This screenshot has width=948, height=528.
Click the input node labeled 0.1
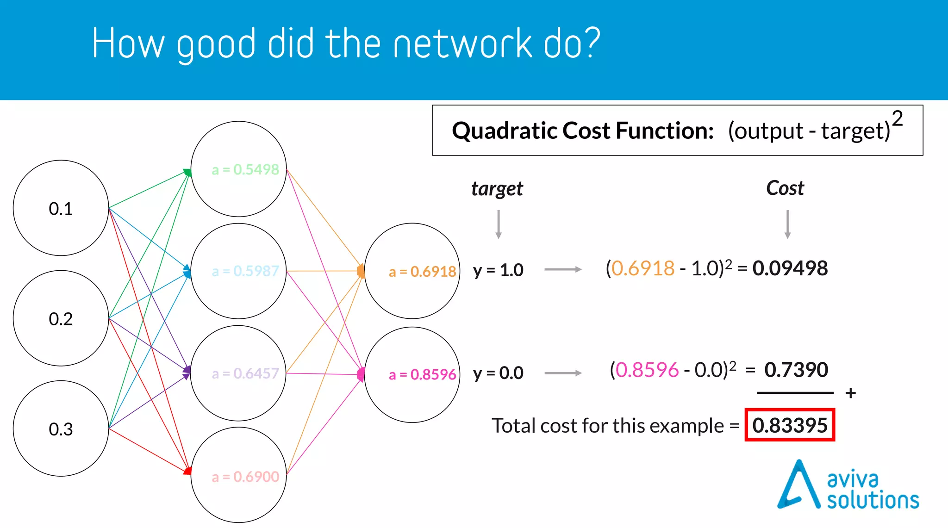(61, 209)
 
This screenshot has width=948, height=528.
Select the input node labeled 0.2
(61, 319)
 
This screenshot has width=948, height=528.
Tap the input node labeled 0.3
(61, 429)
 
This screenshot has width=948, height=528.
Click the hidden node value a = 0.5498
(245, 169)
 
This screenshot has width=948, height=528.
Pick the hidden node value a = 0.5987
(245, 271)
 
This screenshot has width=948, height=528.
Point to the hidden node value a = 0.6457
(245, 373)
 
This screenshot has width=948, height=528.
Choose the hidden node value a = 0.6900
(245, 476)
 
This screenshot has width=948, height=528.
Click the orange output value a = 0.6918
(422, 272)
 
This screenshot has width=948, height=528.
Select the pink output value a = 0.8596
(422, 374)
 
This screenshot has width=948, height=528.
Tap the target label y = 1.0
(498, 270)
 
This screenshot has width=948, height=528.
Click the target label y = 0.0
(498, 373)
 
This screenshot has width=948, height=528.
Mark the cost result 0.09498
(790, 268)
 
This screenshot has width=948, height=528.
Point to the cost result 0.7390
(796, 370)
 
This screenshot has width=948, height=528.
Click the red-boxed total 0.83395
(790, 425)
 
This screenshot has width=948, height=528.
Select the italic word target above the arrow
(497, 189)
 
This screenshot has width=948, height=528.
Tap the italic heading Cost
(785, 188)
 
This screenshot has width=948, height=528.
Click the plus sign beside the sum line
(850, 393)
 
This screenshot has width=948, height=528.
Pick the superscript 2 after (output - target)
(897, 119)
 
